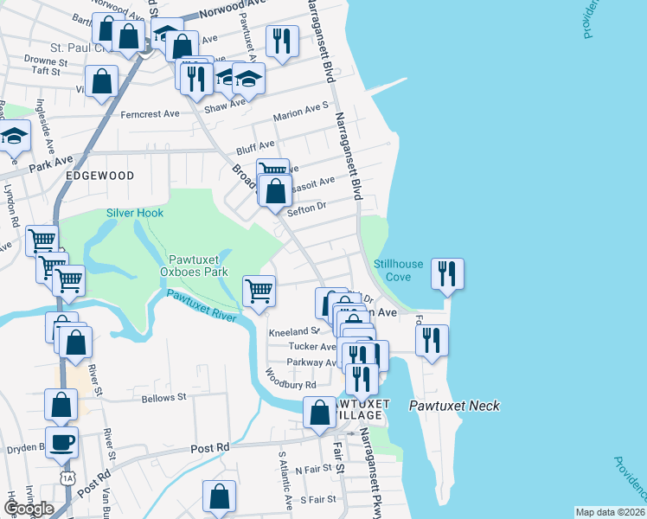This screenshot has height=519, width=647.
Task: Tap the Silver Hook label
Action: [134, 213]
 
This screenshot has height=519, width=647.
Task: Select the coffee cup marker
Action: [62, 442]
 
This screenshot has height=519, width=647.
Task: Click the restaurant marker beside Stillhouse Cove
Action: [447, 273]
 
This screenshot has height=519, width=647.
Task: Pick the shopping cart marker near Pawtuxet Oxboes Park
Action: [259, 291]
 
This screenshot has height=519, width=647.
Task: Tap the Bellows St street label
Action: [163, 397]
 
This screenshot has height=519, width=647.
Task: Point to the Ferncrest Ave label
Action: [150, 113]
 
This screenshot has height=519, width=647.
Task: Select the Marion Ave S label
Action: [301, 112]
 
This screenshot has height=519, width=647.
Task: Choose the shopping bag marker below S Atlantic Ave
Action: [219, 497]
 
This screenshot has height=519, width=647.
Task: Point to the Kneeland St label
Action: [293, 331]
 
